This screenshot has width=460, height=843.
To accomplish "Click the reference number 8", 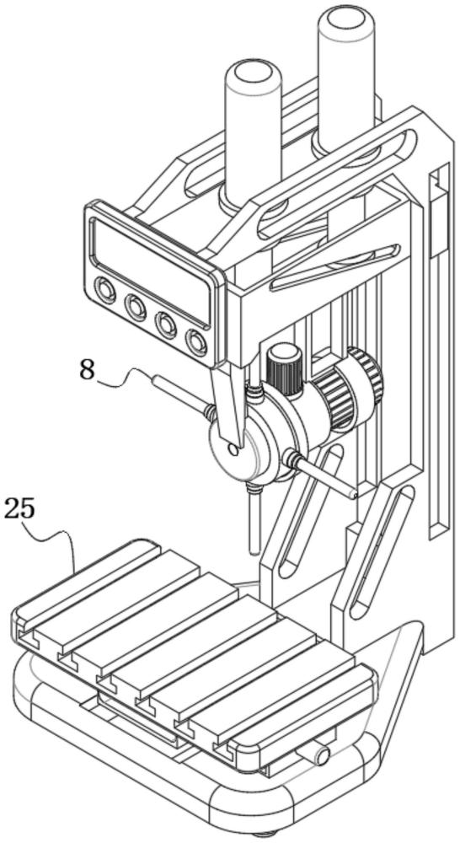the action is pyautogui.click(x=88, y=370).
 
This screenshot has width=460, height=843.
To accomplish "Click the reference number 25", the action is pyautogui.click(x=19, y=509).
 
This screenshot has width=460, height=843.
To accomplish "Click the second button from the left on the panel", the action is pyautogui.click(x=135, y=308).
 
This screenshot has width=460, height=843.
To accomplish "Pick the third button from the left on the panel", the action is pyautogui.click(x=165, y=325).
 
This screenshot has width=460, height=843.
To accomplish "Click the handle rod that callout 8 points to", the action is pyautogui.click(x=181, y=395).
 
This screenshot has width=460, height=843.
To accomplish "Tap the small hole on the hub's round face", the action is pyautogui.click(x=233, y=449).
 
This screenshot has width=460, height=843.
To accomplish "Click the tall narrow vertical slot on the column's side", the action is pyautogui.click(x=439, y=350).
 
